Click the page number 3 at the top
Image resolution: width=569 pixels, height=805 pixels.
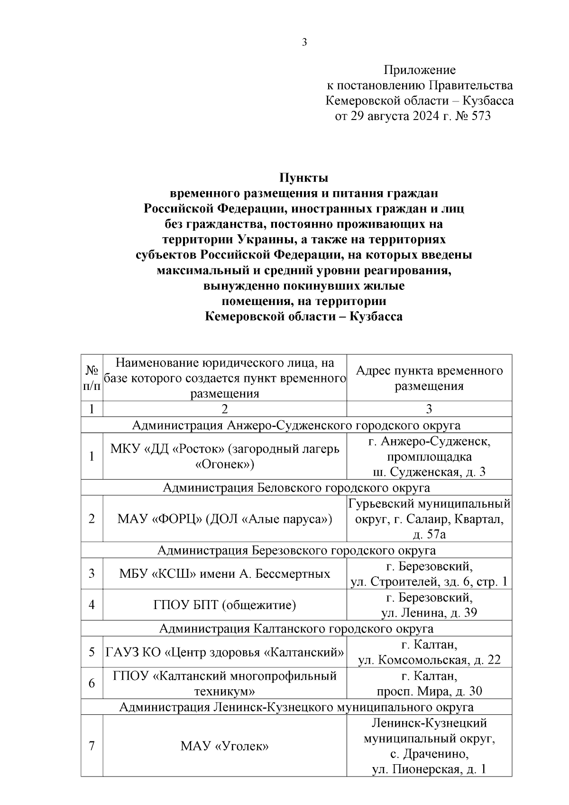pyautogui.click(x=304, y=42)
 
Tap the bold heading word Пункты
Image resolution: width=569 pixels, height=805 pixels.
pyautogui.click(x=303, y=178)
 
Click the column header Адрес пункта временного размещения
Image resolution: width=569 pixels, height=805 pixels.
pyautogui.click(x=429, y=378)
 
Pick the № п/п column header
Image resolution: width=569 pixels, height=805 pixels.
pyautogui.click(x=92, y=378)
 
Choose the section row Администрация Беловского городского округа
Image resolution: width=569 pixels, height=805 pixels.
pyautogui.click(x=296, y=488)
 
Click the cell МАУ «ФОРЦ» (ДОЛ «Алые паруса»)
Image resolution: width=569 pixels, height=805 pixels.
pyautogui.click(x=225, y=519)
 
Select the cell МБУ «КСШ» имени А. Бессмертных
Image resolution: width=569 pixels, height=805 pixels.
pyautogui.click(x=225, y=574)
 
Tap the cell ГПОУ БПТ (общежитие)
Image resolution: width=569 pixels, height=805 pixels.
pyautogui.click(x=225, y=605)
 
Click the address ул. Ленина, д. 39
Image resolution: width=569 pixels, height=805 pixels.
pyautogui.click(x=429, y=612)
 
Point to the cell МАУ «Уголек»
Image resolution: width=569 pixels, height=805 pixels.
pyautogui.click(x=225, y=746)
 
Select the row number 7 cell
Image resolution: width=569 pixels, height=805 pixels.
pyautogui.click(x=92, y=746)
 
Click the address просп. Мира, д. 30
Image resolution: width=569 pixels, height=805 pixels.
pyautogui.click(x=429, y=691)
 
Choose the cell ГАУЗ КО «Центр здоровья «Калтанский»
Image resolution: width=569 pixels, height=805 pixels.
pyautogui.click(x=225, y=652)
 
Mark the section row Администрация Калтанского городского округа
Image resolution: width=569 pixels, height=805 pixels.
pyautogui.click(x=296, y=629)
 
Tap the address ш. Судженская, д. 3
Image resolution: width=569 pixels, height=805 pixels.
pyautogui.click(x=429, y=472)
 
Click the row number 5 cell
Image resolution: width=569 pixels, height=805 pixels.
pyautogui.click(x=92, y=652)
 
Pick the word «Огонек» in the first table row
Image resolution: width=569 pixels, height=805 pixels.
pyautogui.click(x=225, y=464)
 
